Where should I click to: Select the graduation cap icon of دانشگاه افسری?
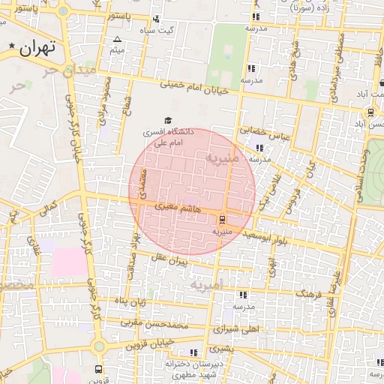[x=168, y=120]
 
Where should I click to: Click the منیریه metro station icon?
[x=222, y=220]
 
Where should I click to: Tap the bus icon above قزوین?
[x=98, y=369]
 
